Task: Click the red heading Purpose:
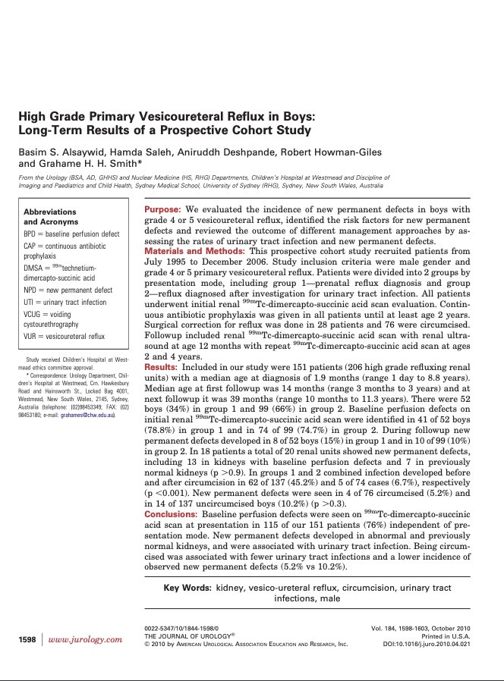[162, 209]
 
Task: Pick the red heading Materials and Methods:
[195, 251]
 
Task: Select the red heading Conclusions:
[171, 514]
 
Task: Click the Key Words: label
[187, 588]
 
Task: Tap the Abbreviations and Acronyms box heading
[50, 217]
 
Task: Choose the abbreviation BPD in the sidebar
[31, 235]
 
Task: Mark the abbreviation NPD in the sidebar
[31, 290]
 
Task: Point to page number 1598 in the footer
[27, 640]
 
